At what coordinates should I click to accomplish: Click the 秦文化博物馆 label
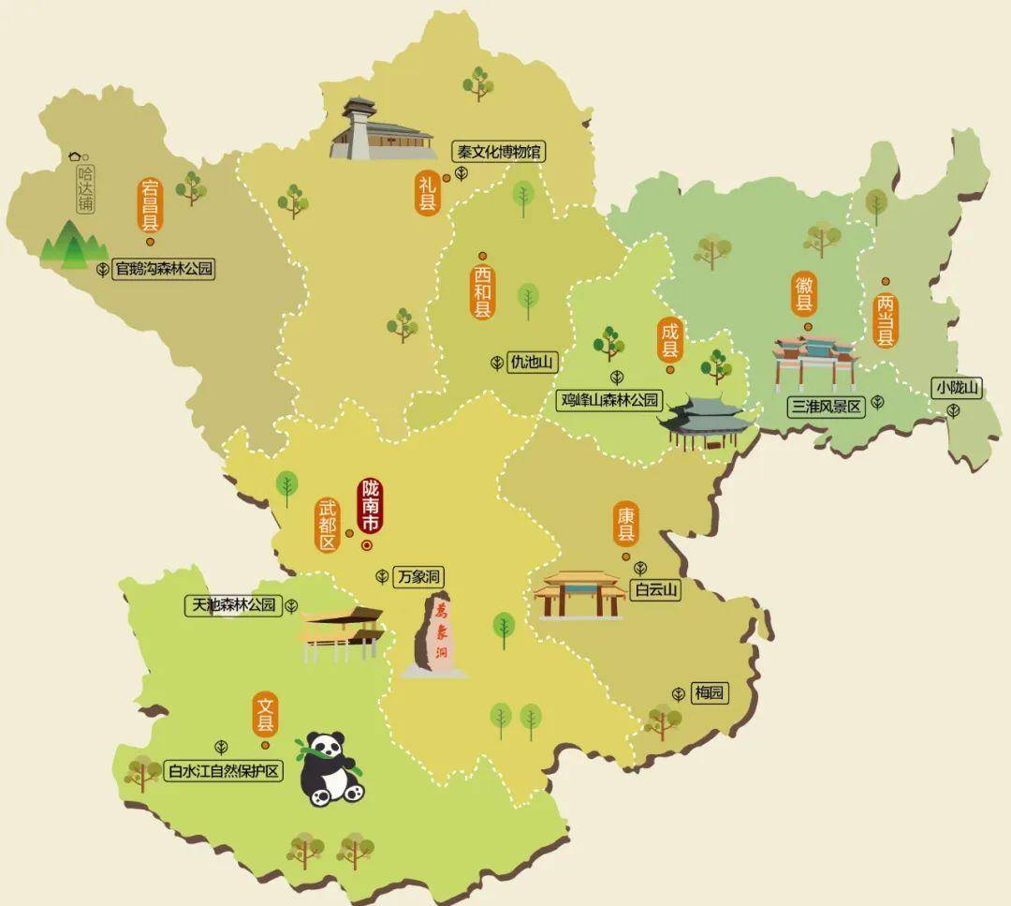pos(497,152)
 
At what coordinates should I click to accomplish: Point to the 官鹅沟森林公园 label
pos(164,270)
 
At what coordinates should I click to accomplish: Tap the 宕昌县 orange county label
pos(150,206)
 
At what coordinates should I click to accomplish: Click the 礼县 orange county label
pos(428,193)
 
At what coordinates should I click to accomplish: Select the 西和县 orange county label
pos(482,291)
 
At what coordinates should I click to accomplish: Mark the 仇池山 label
pos(532,363)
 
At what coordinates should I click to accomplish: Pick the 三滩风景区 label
pos(825,406)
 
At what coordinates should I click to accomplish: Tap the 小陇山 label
pos(957,387)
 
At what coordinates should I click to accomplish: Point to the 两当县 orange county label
pos(886,320)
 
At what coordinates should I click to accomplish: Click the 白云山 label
pos(655,590)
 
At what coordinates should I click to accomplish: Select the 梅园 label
pos(710,693)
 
